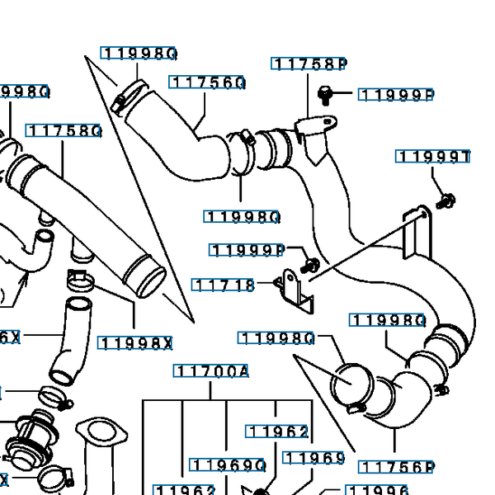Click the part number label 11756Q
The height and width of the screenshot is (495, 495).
click(x=208, y=82)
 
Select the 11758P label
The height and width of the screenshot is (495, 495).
click(x=309, y=64)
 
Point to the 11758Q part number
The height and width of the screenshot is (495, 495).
click(x=64, y=131)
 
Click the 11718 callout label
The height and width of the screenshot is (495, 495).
click(x=224, y=285)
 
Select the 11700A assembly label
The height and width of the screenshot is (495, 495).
click(x=211, y=371)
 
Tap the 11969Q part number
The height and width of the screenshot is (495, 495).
click(x=228, y=465)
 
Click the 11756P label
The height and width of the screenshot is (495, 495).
click(x=397, y=468)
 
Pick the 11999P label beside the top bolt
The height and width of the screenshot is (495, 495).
click(x=397, y=95)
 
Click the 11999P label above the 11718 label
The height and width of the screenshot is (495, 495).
click(x=247, y=250)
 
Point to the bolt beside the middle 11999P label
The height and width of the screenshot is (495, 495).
click(x=311, y=266)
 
